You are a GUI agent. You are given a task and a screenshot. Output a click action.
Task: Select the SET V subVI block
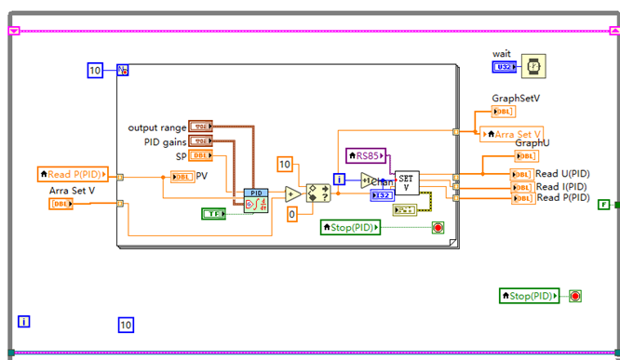tap(407, 183)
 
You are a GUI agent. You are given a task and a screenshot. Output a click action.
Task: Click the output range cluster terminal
tap(200, 127)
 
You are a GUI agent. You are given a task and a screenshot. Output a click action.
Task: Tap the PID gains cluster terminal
tap(200, 141)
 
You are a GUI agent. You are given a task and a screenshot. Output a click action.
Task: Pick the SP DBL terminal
tap(200, 156)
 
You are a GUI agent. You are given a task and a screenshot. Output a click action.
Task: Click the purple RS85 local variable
tap(366, 155)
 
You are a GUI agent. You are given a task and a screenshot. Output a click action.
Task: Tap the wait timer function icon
tap(533, 67)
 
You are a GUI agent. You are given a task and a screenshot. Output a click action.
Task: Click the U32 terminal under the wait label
tap(504, 67)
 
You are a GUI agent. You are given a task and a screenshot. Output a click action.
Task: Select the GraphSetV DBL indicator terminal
tap(503, 112)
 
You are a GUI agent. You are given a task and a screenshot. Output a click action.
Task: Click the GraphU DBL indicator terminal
tap(525, 157)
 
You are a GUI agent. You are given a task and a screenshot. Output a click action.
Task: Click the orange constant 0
tap(291, 214)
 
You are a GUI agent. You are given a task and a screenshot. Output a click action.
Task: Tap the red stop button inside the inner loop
tap(437, 227)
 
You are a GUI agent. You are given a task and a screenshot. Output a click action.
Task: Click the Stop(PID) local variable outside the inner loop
tap(530, 296)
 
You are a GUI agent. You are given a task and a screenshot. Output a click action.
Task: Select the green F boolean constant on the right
tap(604, 204)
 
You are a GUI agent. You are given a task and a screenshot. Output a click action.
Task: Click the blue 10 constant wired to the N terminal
tap(95, 71)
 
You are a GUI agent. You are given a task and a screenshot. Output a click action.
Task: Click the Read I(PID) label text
tap(562, 186)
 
